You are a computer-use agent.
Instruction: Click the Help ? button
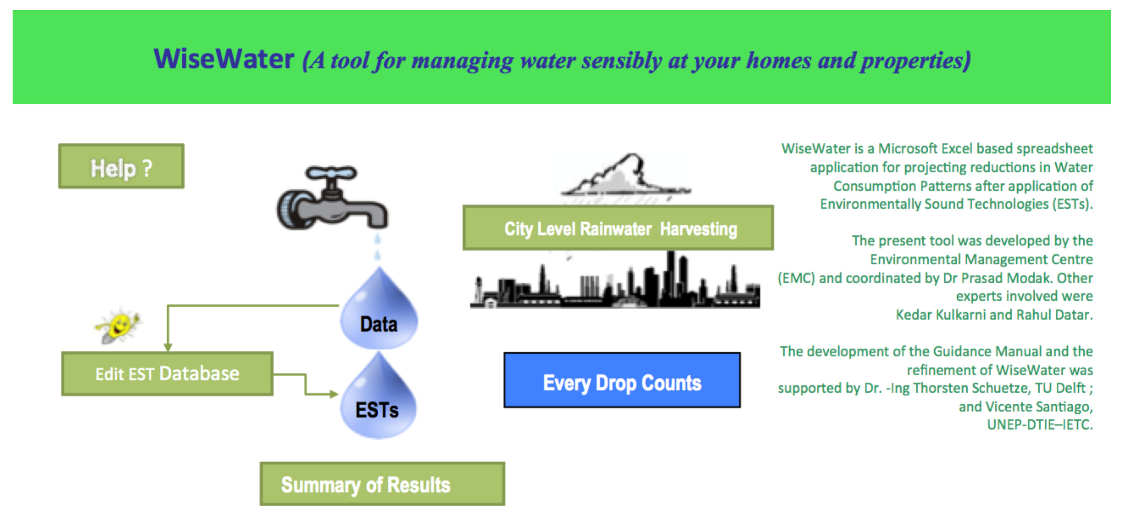[x=121, y=167]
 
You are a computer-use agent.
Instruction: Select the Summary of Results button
[x=382, y=484]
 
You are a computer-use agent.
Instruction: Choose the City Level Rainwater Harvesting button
[x=618, y=228]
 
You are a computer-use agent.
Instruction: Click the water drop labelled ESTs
[x=378, y=400]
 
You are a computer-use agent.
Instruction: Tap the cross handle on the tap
[x=331, y=173]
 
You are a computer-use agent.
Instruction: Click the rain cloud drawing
[x=625, y=177]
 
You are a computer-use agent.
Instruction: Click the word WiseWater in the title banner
[x=224, y=59]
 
